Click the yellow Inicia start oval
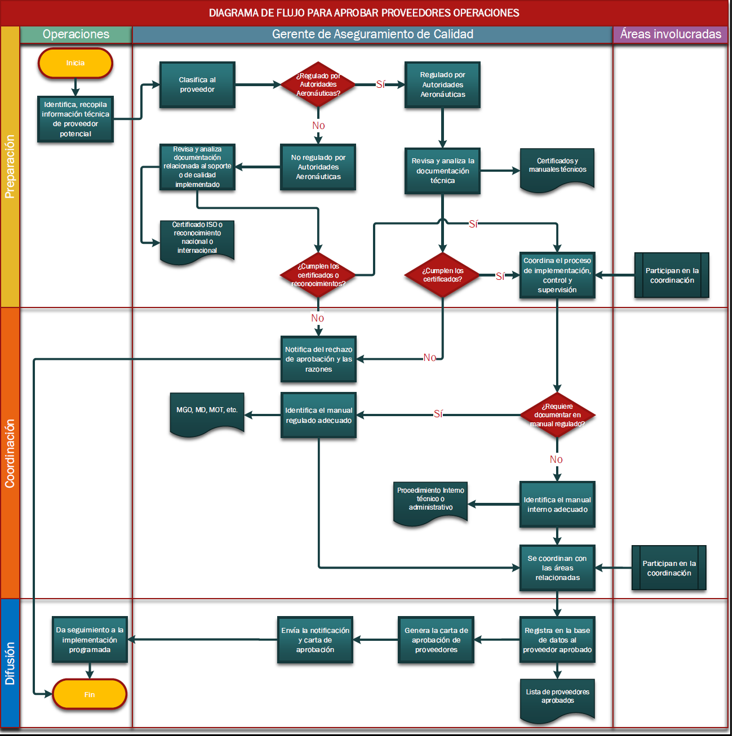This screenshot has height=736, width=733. point(75,63)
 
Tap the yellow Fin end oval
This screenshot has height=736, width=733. point(89,694)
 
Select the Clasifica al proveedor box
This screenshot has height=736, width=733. point(197,84)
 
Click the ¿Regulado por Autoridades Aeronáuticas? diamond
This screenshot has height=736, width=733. point(318,84)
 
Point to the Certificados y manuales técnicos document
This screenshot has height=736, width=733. point(557,168)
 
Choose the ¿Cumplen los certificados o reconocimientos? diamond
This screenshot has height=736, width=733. point(318,275)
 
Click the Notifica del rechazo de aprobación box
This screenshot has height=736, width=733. point(318,359)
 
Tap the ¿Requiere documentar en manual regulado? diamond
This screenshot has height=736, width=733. point(557,415)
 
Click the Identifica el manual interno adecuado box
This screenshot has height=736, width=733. point(557,505)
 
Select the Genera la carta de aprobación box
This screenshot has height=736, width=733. point(436,640)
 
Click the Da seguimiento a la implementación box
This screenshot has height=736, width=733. point(90,640)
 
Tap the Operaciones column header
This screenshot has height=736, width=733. point(76,34)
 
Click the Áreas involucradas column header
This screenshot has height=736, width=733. point(670,34)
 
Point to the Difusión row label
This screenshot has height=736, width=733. point(10,663)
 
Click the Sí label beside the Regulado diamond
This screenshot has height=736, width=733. point(381,84)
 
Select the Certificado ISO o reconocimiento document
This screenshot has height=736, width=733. point(197,240)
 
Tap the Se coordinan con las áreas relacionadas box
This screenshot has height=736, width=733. point(557,568)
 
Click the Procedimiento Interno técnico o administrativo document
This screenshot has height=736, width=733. point(430,501)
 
